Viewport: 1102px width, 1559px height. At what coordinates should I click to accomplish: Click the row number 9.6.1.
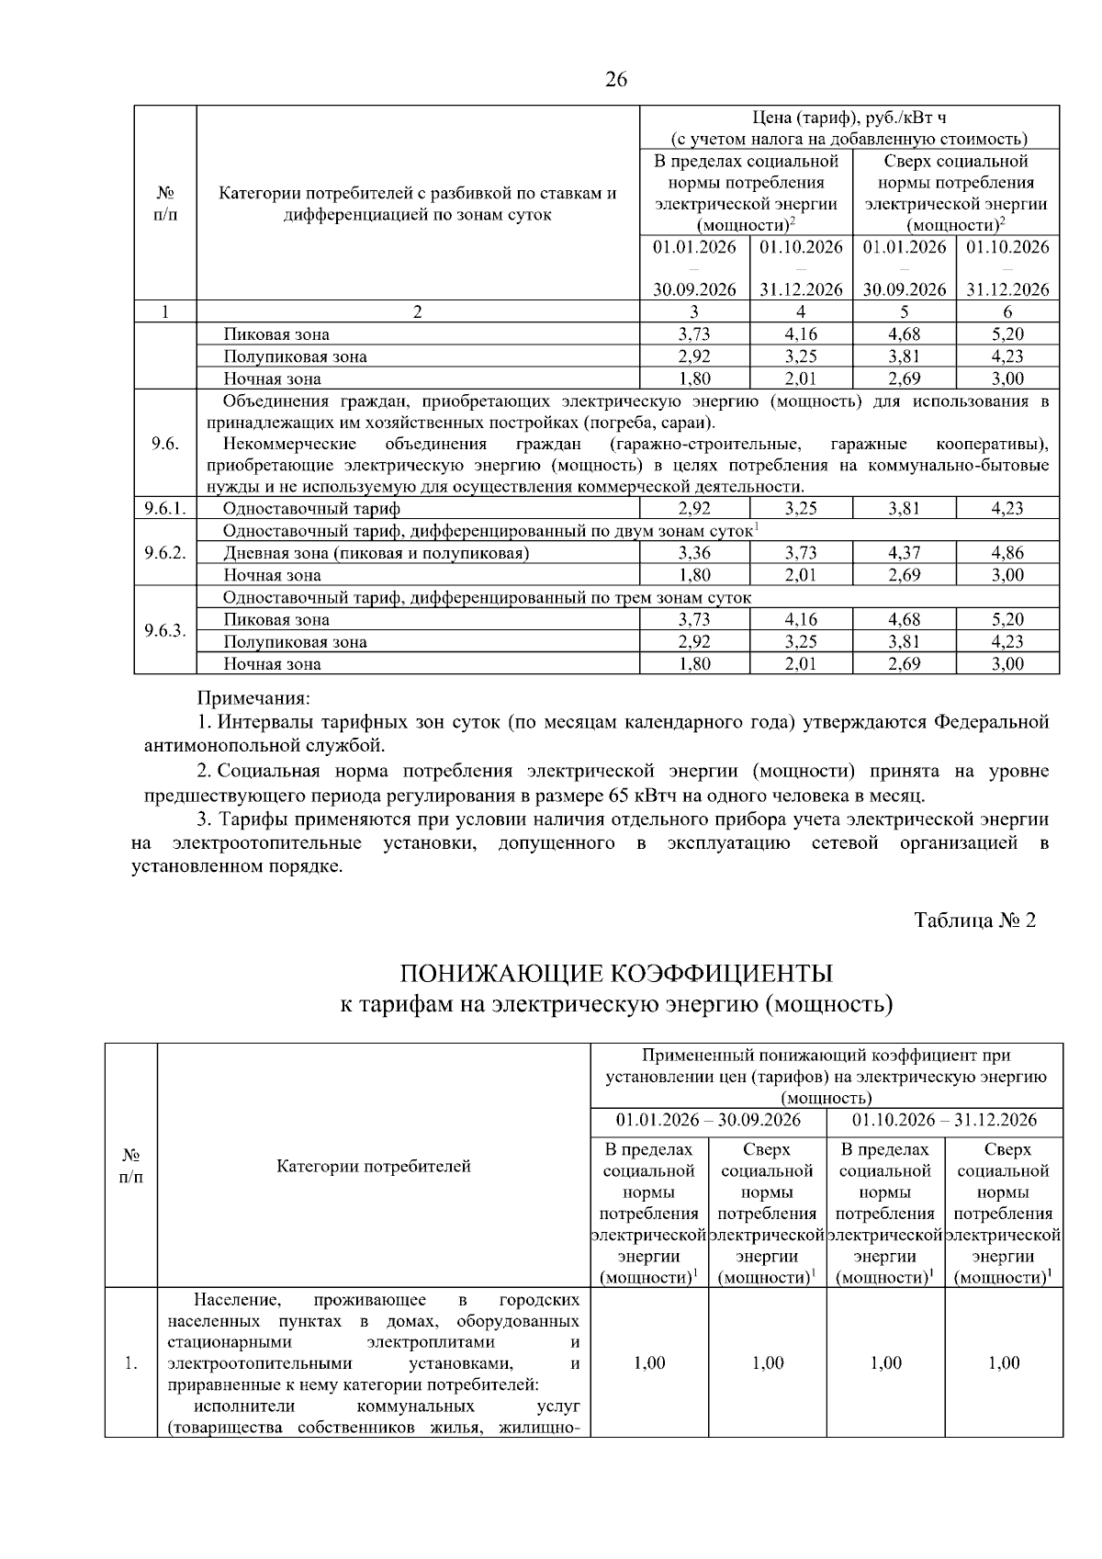pyautogui.click(x=165, y=508)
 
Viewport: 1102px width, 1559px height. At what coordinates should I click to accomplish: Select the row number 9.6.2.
pyautogui.click(x=165, y=552)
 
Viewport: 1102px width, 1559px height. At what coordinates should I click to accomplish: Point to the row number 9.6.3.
pyautogui.click(x=165, y=631)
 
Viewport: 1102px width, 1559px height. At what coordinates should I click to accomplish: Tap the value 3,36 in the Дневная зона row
pyautogui.click(x=694, y=552)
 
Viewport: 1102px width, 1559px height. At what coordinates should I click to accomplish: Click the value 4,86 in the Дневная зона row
pyautogui.click(x=1007, y=552)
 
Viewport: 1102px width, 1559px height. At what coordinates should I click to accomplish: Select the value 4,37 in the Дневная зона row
pyautogui.click(x=904, y=552)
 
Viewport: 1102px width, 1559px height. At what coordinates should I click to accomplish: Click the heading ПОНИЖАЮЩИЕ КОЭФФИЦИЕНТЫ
pyautogui.click(x=616, y=973)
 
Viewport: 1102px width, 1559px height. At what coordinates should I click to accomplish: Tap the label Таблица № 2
pyautogui.click(x=975, y=920)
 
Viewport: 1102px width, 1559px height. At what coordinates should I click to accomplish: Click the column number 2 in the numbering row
pyautogui.click(x=418, y=311)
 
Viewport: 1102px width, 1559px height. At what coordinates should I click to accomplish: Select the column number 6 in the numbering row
pyautogui.click(x=1007, y=311)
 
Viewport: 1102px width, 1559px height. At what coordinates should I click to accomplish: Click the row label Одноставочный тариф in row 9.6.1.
pyautogui.click(x=311, y=508)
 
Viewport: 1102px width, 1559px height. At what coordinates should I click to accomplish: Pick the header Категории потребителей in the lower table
pyautogui.click(x=374, y=1166)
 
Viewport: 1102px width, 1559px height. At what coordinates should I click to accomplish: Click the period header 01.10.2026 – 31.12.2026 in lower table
pyautogui.click(x=944, y=1120)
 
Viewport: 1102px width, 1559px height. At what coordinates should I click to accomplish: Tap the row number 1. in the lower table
pyautogui.click(x=130, y=1363)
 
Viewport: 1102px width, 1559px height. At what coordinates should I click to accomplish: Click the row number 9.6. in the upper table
pyautogui.click(x=165, y=444)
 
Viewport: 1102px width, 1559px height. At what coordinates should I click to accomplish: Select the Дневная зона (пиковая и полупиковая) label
pyautogui.click(x=376, y=552)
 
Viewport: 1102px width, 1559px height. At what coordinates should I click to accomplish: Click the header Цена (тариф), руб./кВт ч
pyautogui.click(x=849, y=118)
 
